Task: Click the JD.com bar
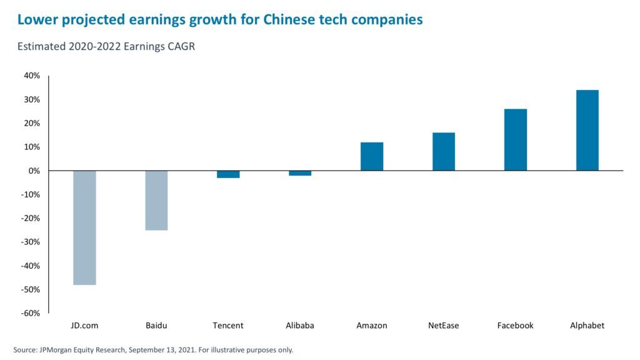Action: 84,227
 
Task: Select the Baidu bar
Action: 156,200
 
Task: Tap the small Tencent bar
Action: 228,174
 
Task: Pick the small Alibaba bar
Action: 300,173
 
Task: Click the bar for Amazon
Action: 372,156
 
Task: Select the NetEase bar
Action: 444,151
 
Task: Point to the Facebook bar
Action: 516,139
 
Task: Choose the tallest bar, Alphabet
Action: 587,130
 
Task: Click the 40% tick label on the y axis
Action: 32,76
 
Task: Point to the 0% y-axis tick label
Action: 34,171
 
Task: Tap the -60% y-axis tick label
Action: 31,313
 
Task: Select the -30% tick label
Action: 31,242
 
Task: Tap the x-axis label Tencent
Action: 228,326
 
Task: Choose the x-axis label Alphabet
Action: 587,326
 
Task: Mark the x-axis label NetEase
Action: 444,326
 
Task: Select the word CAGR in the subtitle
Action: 181,47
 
